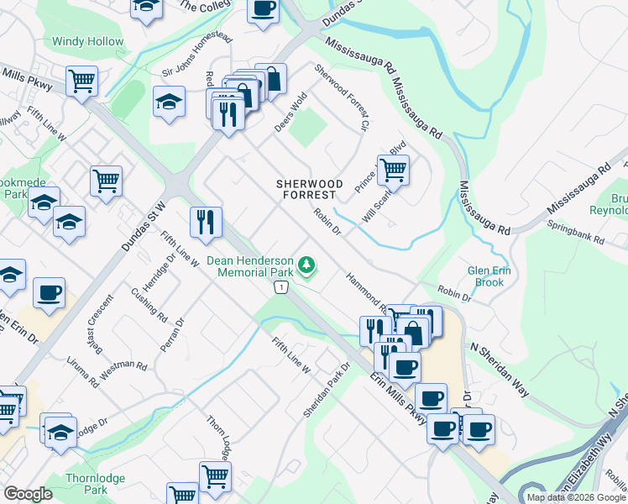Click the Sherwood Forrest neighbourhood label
[x=311, y=188]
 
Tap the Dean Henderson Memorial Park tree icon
[x=308, y=266]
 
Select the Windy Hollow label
[x=87, y=41]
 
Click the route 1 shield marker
[x=280, y=288]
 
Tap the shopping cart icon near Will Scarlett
[x=393, y=170]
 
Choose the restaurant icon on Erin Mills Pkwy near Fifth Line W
[x=206, y=223]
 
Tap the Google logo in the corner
[x=28, y=494]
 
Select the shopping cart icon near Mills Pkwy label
[x=82, y=81]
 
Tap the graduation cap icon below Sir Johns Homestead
[x=169, y=102]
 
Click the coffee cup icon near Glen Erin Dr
[x=50, y=293]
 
